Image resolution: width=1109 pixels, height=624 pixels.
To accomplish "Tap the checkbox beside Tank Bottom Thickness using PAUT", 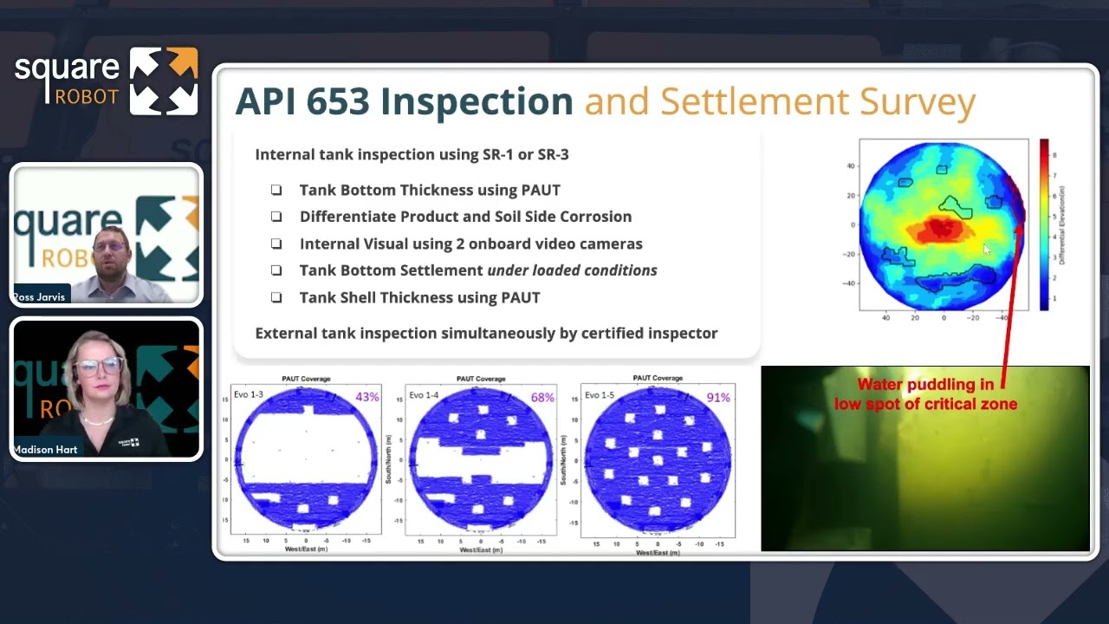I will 276,190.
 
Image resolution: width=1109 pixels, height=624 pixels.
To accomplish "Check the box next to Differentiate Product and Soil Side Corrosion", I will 276,217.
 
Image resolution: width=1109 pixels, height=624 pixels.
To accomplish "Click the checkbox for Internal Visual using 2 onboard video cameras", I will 276,244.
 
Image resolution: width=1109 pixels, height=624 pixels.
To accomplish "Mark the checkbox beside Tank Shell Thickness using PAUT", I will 276,297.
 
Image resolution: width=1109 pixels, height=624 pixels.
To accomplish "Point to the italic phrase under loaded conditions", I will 572,270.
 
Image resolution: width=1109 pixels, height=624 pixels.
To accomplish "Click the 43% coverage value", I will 366,398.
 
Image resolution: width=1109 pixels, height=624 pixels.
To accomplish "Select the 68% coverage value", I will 542,398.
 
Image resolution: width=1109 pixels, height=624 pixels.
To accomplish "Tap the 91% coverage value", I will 718,398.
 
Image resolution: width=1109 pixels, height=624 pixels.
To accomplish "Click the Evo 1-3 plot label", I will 249,395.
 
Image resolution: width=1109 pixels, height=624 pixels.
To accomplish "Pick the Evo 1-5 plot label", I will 599,395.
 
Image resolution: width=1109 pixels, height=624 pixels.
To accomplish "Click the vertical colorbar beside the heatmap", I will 1044,224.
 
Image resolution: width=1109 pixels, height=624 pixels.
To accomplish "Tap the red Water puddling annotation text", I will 924,394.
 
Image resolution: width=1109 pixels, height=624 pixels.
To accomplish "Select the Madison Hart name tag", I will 45,450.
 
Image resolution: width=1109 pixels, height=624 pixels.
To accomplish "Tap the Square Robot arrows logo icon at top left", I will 164,81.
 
